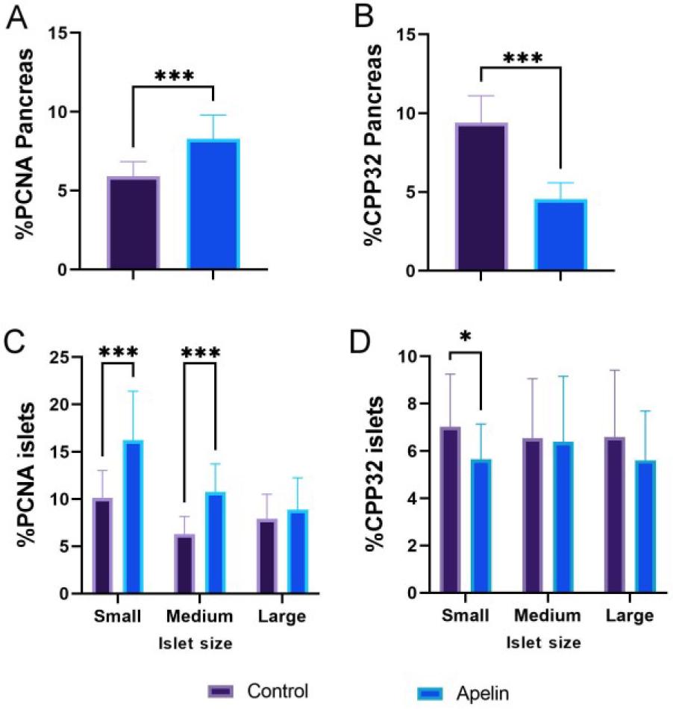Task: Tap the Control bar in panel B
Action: coord(481,197)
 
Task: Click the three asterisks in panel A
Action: coord(173,75)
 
